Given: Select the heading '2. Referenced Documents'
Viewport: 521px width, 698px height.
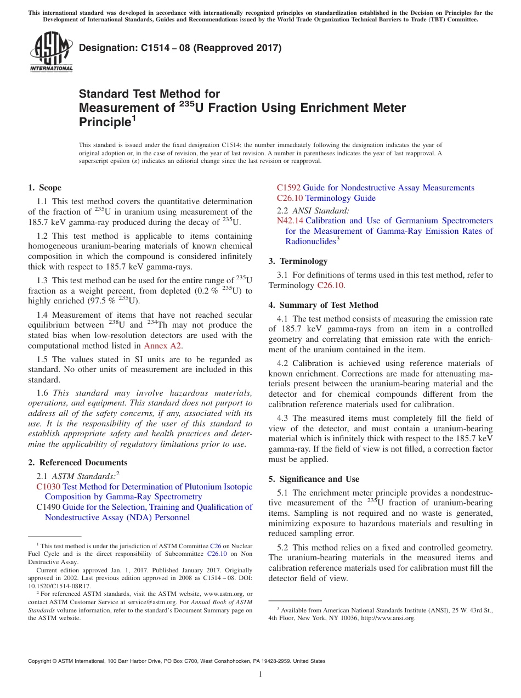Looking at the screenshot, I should [78, 463].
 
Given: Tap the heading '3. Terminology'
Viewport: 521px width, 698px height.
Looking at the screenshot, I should [298, 261].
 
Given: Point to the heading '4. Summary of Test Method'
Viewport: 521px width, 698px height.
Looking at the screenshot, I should [323, 305].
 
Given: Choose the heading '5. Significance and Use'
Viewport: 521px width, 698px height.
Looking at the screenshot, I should [314, 479].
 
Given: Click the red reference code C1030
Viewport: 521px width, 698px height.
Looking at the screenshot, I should [48, 487].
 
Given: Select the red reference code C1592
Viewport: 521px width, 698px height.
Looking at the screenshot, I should [288, 188].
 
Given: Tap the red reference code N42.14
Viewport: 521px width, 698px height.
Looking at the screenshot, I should [290, 221].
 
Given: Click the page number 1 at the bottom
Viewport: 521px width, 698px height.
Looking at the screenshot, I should [260, 674].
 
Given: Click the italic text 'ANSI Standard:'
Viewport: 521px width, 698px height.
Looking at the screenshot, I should [320, 210].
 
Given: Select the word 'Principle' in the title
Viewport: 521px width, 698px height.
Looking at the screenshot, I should [105, 122].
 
